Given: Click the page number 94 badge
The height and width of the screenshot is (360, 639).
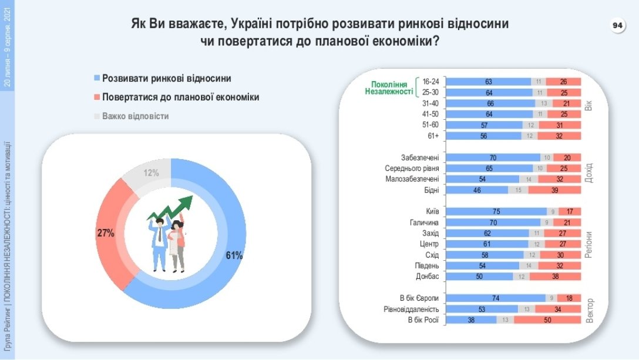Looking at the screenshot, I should tap(617, 26).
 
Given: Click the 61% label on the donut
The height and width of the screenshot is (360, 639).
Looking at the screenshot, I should tap(234, 255).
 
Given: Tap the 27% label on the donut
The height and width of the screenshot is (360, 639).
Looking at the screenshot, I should tap(105, 233).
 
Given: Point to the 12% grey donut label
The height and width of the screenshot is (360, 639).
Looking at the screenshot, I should tap(152, 173).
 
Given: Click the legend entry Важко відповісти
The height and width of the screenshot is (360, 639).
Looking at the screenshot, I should tap(135, 116).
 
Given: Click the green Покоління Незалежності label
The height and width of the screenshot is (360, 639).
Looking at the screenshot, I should tap(389, 88).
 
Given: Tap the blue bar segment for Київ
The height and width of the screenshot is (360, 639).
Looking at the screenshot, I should tap(496, 211).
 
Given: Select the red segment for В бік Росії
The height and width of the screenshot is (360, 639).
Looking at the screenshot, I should tap(548, 319).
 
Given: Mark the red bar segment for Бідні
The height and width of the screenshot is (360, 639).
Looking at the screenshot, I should tap(554, 190).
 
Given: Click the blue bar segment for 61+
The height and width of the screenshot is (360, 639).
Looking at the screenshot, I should tap(484, 136).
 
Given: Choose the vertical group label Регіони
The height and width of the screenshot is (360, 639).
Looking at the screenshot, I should tap(588, 244).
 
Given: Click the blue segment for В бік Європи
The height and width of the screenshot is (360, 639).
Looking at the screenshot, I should tap(496, 298).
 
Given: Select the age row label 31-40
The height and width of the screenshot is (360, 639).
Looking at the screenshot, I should tap(431, 103).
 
